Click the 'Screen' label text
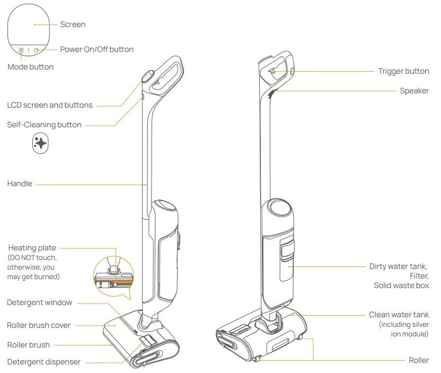pyautogui.click(x=73, y=24)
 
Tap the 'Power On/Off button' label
pyautogui.click(x=96, y=49)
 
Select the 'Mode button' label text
pyautogui.click(x=30, y=67)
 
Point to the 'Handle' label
pyautogui.click(x=20, y=184)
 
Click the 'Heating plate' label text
pyautogui.click(x=32, y=248)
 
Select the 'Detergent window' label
pyautogui.click(x=39, y=302)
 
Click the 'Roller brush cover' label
pyautogui.click(x=39, y=325)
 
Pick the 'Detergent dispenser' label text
pyautogui.click(x=43, y=362)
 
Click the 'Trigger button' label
pyautogui.click(x=403, y=71)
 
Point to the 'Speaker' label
pyautogui.click(x=414, y=91)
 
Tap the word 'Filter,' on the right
pyautogui.click(x=419, y=276)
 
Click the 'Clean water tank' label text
pyautogui.click(x=399, y=315)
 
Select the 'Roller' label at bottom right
pyautogui.click(x=419, y=360)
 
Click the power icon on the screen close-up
pyautogui.click(x=36, y=50)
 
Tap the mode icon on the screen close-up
pyautogui.click(x=21, y=50)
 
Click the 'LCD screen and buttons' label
pyautogui.click(x=50, y=105)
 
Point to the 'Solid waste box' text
pyautogui.click(x=401, y=285)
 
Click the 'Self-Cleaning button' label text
pyautogui.click(x=45, y=125)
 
